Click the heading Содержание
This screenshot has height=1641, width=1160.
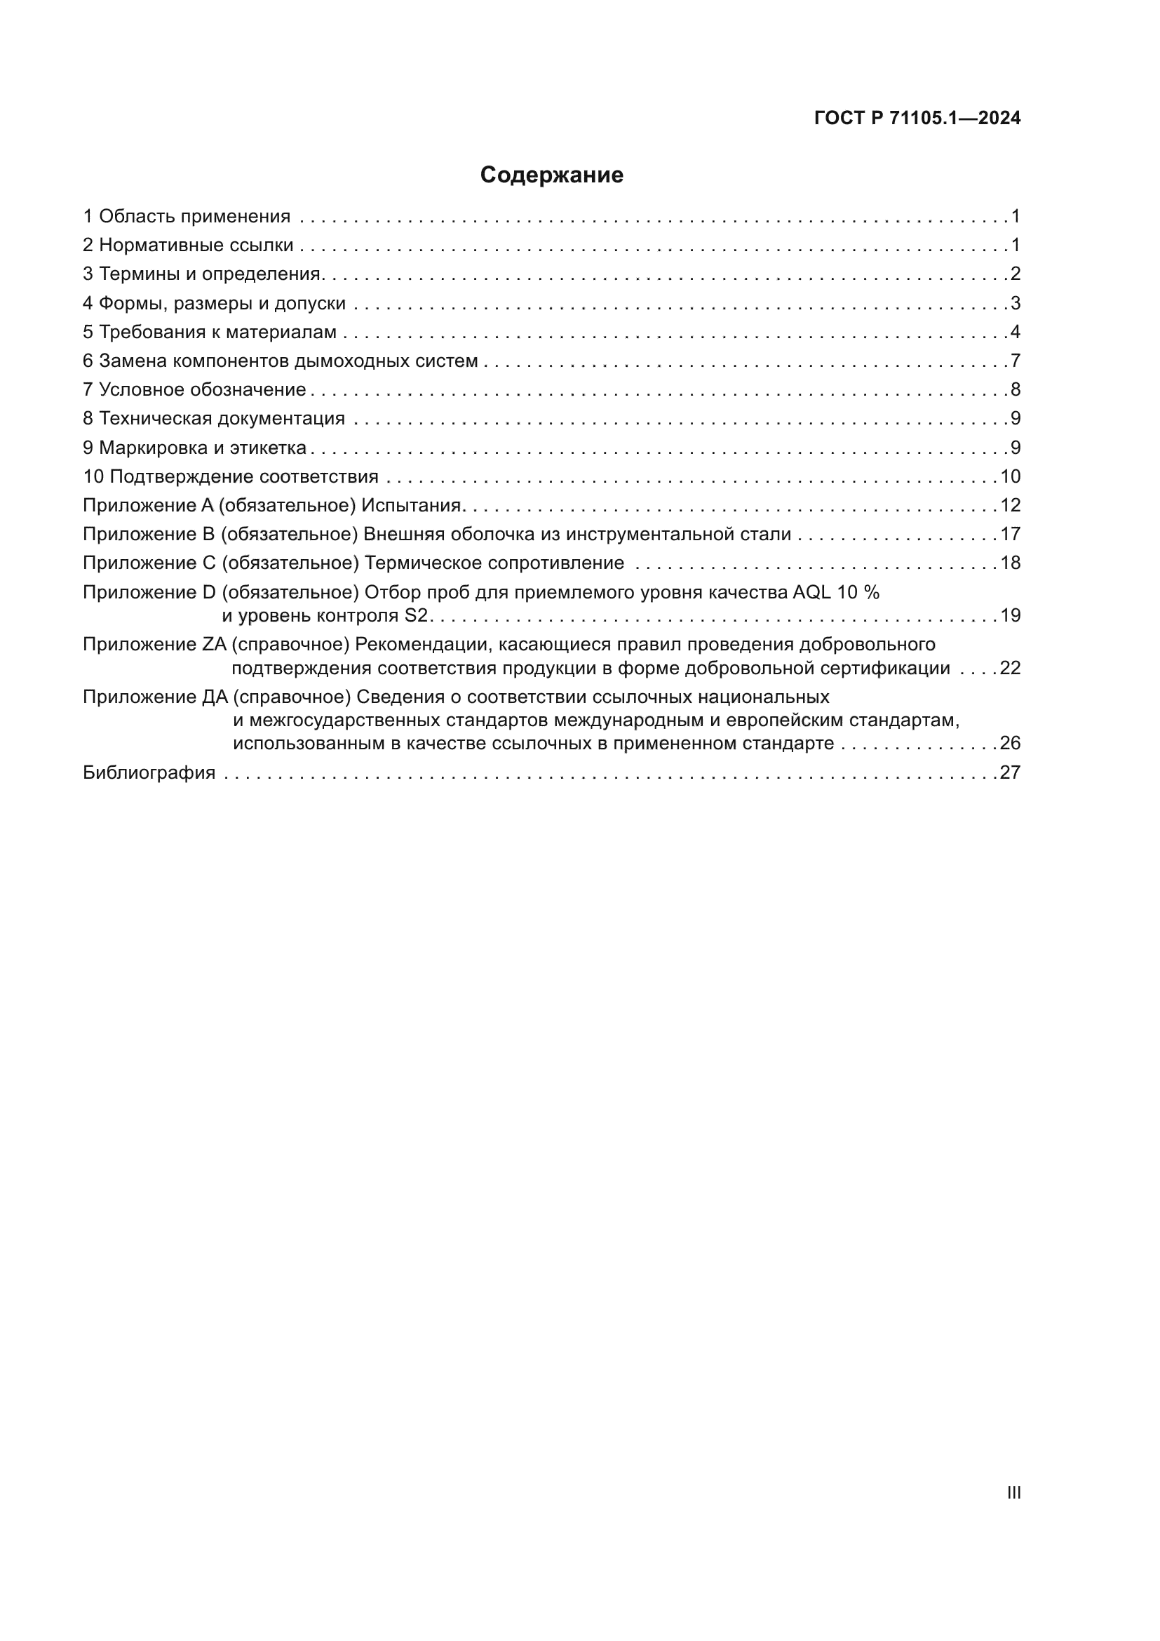tap(551, 175)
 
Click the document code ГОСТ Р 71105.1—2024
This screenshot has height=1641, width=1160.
tap(917, 119)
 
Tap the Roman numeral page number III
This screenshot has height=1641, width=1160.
tap(1013, 1492)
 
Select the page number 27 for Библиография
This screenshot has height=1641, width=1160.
tap(1010, 772)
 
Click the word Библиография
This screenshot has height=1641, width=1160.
tap(149, 772)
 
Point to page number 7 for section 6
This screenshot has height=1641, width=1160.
tap(1016, 361)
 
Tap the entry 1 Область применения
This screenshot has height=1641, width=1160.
tap(187, 217)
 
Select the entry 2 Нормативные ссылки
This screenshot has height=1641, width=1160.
tap(188, 245)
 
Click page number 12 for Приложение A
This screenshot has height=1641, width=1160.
tap(1010, 505)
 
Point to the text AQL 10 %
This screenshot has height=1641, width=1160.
tap(837, 593)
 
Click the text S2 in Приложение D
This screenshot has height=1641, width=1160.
tap(416, 615)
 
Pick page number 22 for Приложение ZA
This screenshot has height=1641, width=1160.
tap(1010, 669)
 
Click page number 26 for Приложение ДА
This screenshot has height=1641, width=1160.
tap(1010, 743)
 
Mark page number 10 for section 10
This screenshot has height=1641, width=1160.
tap(1010, 476)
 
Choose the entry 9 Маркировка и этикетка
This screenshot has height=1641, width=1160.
tap(194, 448)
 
